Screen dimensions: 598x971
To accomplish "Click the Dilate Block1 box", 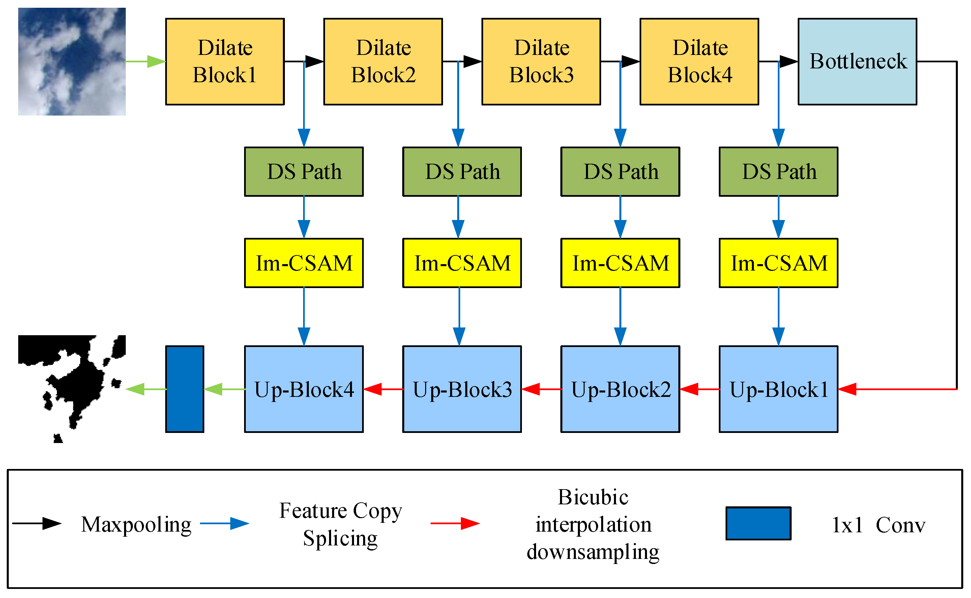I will tap(225, 62).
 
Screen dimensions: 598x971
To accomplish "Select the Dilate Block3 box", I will tap(541, 62).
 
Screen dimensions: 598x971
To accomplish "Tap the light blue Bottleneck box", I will tap(857, 62).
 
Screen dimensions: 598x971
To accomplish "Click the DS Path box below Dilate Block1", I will tap(303, 171).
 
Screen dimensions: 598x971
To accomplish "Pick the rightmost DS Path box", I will tap(778, 171).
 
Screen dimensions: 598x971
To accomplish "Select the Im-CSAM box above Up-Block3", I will tap(462, 263).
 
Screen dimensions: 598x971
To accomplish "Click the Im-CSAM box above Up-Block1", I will tap(778, 263).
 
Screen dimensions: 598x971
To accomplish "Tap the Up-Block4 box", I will tap(303, 389).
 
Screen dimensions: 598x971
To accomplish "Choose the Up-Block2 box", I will tap(620, 389).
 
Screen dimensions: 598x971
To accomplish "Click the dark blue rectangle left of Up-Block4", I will tap(184, 389).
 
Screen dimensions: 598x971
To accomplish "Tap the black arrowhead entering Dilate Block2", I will tap(314, 62).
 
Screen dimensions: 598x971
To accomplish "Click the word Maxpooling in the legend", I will tap(136, 525).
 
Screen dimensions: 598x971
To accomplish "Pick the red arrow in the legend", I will tap(455, 523).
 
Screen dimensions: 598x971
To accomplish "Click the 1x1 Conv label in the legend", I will tap(878, 525).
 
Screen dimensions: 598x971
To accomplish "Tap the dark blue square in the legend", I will tap(758, 523).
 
